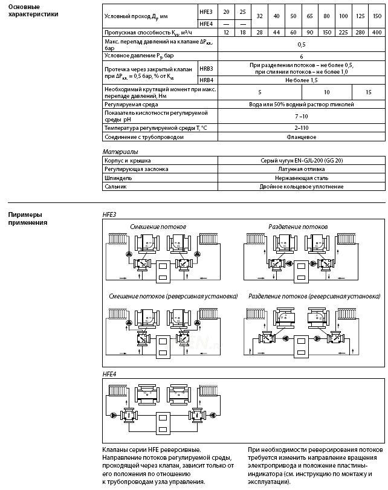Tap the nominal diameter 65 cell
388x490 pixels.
(x=309, y=16)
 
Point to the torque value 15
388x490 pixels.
(x=369, y=92)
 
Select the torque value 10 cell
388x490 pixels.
(x=326, y=92)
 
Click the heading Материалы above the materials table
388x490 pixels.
(x=120, y=152)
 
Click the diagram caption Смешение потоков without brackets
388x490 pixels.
(x=158, y=227)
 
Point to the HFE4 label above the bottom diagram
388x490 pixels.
(x=109, y=374)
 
